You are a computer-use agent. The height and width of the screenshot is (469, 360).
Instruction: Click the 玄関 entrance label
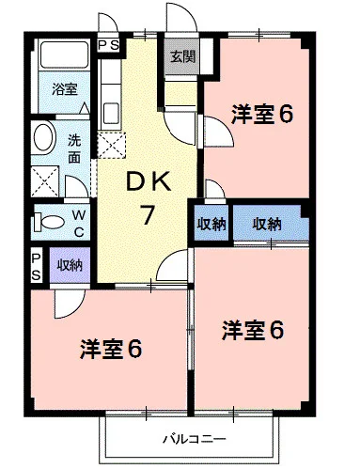tap(182, 57)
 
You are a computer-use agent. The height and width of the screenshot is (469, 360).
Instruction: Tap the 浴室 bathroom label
tap(64, 89)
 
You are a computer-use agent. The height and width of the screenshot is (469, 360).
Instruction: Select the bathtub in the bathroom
tap(64, 55)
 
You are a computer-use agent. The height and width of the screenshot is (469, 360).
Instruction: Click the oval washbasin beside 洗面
tap(43, 137)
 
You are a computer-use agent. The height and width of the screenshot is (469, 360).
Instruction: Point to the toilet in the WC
tap(49, 222)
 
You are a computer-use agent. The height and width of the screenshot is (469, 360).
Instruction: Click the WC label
tap(79, 223)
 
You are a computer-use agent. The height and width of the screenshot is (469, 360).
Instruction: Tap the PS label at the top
tap(108, 45)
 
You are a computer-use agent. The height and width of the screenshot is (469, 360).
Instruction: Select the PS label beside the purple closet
tap(37, 267)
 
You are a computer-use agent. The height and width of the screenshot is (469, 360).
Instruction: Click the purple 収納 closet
tap(70, 265)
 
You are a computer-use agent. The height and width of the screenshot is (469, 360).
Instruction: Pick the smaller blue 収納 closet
tap(211, 223)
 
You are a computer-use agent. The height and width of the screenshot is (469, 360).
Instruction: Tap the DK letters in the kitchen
tap(149, 181)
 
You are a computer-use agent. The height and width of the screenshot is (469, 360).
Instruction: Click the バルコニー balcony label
tap(194, 439)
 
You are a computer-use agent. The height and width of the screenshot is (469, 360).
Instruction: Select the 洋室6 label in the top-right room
tap(262, 115)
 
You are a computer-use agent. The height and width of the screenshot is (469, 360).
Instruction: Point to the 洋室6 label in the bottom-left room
tap(111, 349)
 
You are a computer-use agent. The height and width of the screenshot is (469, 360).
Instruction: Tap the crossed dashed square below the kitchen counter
tap(111, 145)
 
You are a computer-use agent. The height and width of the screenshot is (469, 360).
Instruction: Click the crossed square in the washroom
tap(45, 181)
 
